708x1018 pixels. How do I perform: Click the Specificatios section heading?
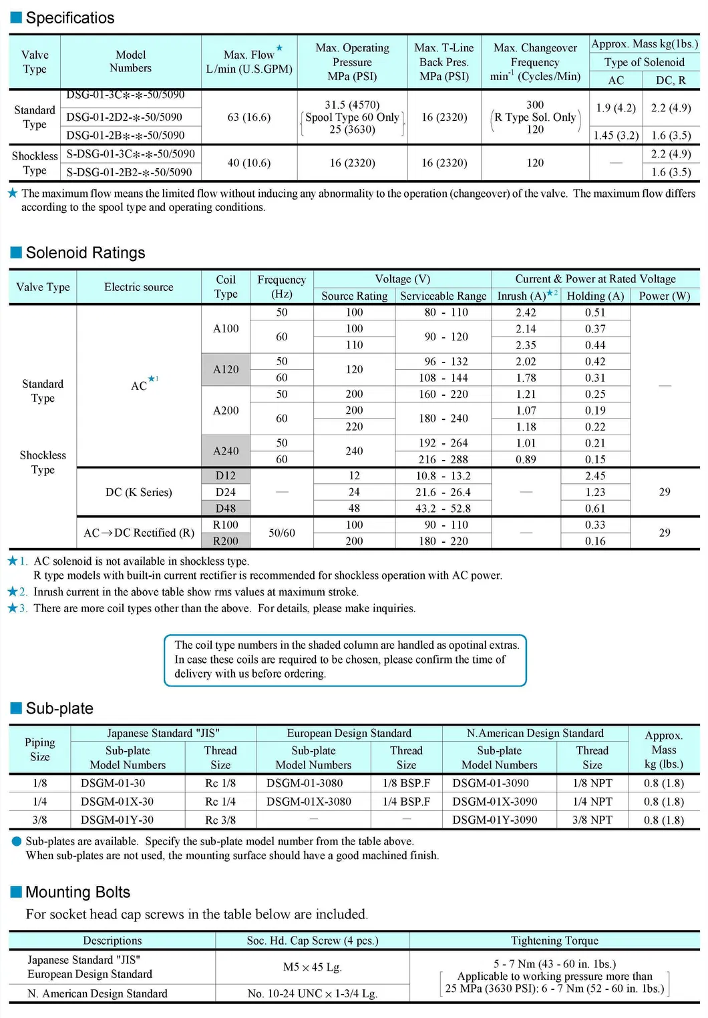coord(69,18)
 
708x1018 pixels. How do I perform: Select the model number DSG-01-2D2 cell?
coord(124,117)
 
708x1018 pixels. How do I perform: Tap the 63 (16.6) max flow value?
coord(249,117)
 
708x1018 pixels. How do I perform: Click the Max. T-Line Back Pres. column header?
coord(444,62)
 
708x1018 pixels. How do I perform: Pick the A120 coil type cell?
coord(226,370)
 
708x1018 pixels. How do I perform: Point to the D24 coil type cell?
coord(226,493)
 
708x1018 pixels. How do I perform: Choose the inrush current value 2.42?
coord(526,312)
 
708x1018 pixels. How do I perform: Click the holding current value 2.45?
coord(595,476)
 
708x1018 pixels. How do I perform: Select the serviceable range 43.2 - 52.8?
coord(443,509)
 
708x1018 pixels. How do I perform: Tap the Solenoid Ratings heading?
coord(85,253)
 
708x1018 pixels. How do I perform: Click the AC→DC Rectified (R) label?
coord(139,533)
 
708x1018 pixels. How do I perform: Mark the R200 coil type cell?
coord(226,541)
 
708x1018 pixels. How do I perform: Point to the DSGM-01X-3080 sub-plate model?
coord(309,802)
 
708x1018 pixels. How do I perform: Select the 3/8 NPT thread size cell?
coord(592,820)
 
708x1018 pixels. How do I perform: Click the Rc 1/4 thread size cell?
coord(220,802)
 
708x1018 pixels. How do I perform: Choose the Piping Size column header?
coord(40,750)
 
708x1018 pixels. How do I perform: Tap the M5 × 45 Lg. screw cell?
coord(312,967)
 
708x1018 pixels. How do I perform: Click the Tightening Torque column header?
coord(554,941)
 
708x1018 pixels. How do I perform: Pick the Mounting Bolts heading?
coord(77,893)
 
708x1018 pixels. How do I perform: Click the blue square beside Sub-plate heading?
coord(17,708)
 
